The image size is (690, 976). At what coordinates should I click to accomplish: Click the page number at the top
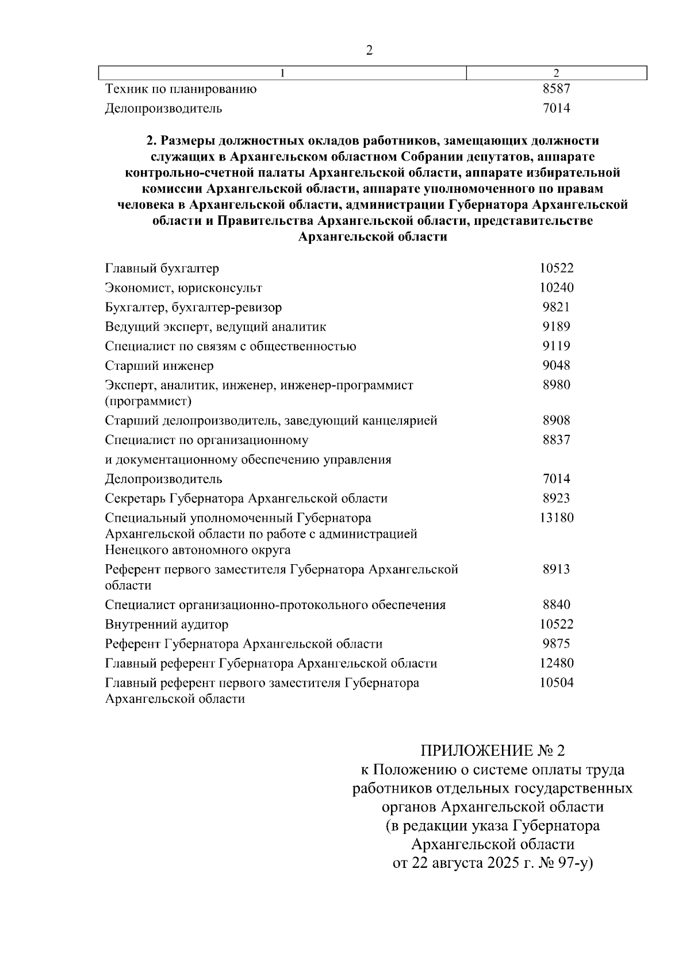point(369,50)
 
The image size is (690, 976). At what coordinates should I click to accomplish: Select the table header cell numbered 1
point(282,73)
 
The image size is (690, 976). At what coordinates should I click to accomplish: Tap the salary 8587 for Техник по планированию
point(556,89)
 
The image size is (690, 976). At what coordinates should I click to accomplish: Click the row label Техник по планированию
point(181,89)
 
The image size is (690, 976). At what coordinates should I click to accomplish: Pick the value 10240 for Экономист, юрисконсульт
point(556,288)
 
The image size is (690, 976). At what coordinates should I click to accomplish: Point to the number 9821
point(556,307)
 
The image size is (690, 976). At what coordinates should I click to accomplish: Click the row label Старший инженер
point(159,366)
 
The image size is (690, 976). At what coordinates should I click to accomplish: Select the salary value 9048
point(556,366)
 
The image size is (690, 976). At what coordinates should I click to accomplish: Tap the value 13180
point(556,518)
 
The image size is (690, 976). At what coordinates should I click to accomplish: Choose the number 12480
point(556,663)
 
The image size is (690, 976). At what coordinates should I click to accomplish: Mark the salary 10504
point(556,683)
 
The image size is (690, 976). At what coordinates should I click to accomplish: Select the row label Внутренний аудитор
point(167,624)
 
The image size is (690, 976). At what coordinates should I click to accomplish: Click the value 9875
point(556,644)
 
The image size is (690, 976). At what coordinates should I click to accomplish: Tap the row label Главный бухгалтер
point(162,268)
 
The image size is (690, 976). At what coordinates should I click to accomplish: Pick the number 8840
point(556,604)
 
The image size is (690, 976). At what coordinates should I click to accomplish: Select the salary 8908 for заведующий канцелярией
point(556,420)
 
